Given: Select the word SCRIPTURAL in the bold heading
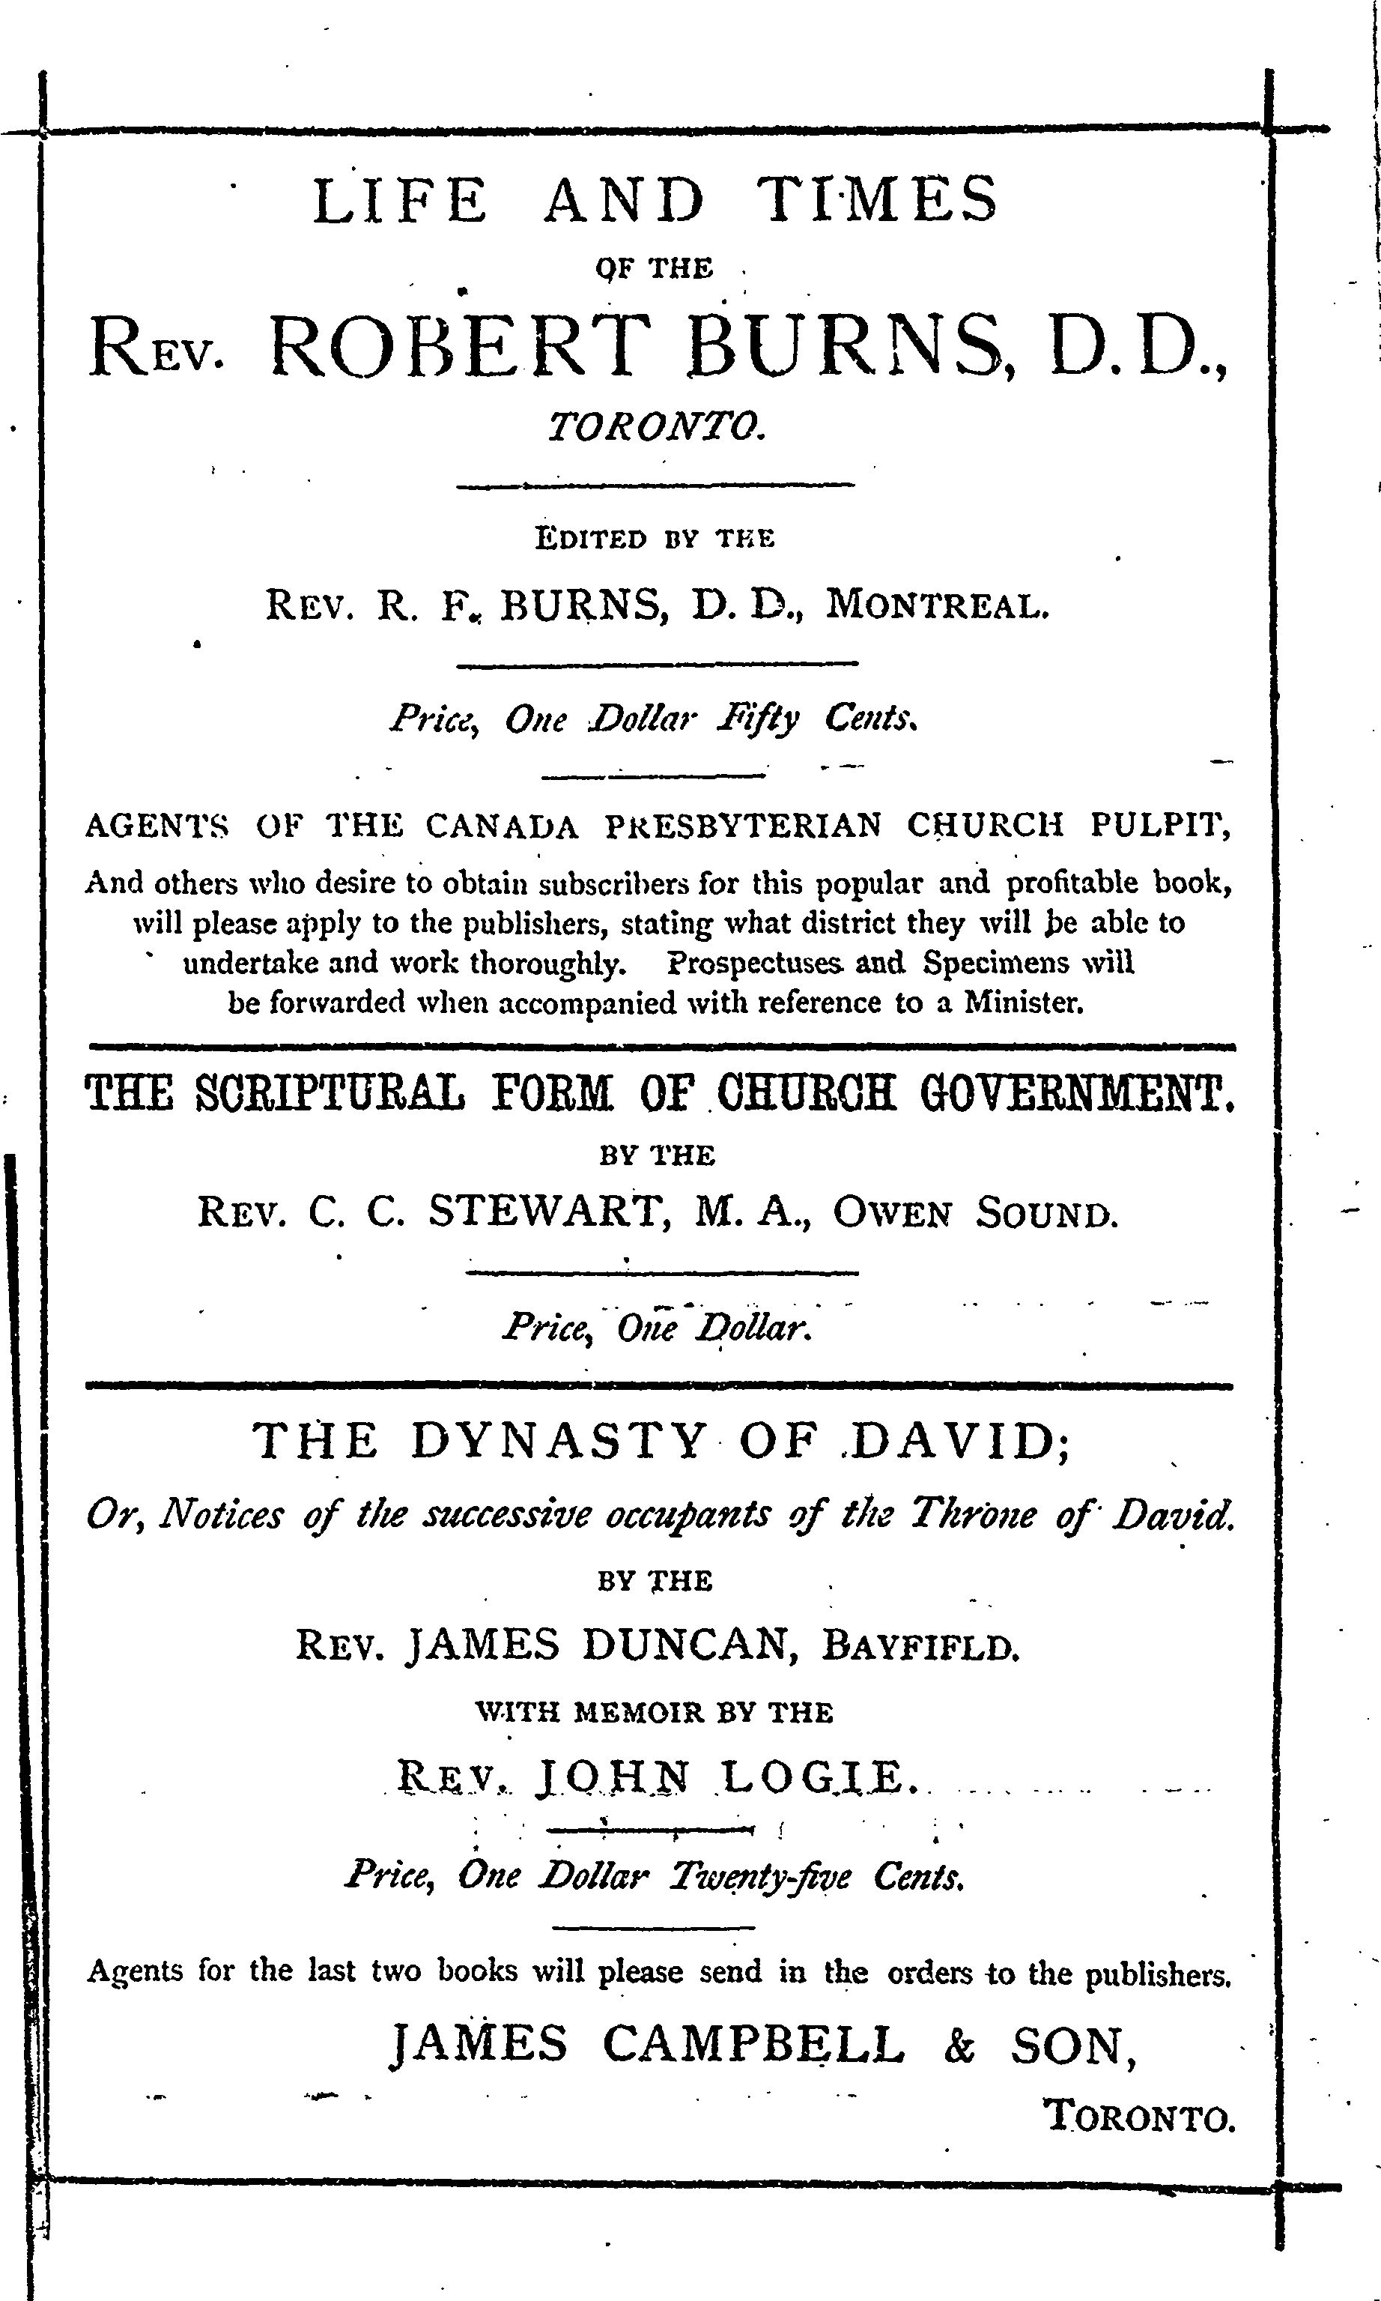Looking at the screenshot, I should coord(330,1092).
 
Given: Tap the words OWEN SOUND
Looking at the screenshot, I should coord(974,1214).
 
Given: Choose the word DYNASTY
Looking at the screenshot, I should coord(559,1442).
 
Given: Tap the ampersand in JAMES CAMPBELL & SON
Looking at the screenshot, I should coord(959,2046).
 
